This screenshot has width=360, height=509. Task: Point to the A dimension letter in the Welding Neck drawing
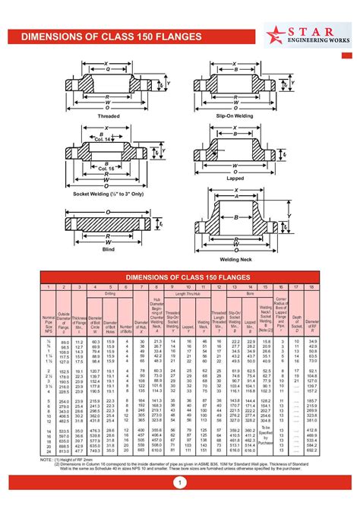pyautogui.click(x=235, y=194)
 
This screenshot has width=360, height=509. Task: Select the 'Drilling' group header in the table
pyautogui.click(x=111, y=292)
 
